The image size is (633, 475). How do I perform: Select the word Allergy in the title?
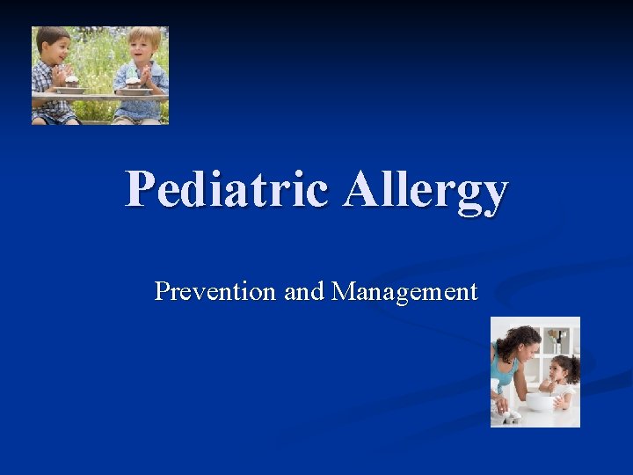(x=426, y=190)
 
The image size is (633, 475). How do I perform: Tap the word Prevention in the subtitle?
(x=215, y=291)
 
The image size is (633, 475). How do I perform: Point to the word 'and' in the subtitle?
(x=304, y=291)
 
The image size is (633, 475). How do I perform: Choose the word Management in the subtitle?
(x=404, y=291)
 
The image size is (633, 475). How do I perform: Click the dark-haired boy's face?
(x=55, y=49)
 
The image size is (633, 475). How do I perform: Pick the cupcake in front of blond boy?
(x=133, y=81)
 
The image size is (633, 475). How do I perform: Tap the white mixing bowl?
(x=537, y=401)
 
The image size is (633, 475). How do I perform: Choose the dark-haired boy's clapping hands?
(x=59, y=75)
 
